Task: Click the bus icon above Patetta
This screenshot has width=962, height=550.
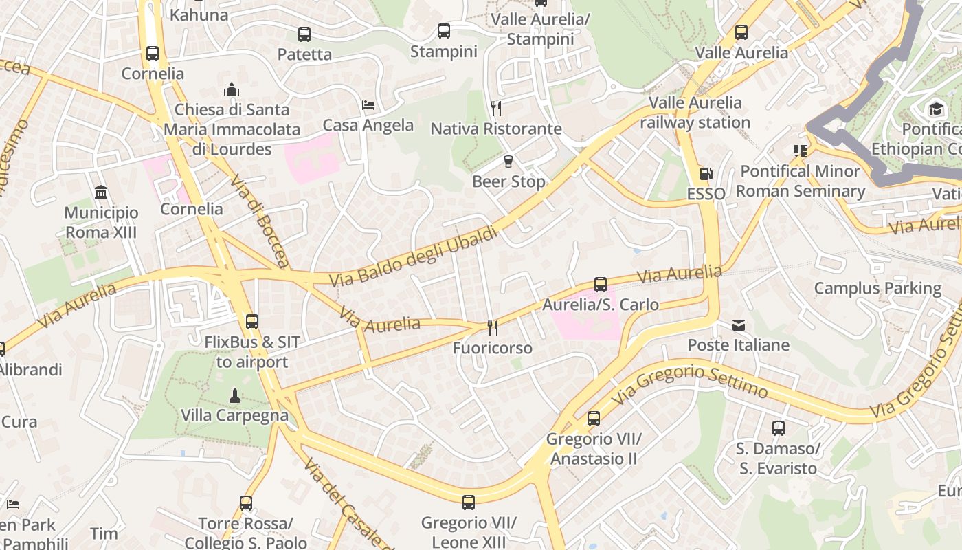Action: pyautogui.click(x=304, y=34)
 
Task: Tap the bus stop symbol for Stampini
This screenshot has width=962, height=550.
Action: pyautogui.click(x=444, y=31)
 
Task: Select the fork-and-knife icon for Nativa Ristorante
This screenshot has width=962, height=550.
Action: pyautogui.click(x=496, y=108)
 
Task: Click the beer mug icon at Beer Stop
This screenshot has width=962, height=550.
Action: pyautogui.click(x=508, y=162)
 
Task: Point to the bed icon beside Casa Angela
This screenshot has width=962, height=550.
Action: pyautogui.click(x=368, y=105)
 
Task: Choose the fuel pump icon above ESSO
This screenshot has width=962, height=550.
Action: pyautogui.click(x=706, y=174)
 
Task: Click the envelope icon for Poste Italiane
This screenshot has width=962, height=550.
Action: pyautogui.click(x=739, y=325)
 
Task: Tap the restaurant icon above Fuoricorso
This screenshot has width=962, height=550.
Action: pyautogui.click(x=493, y=327)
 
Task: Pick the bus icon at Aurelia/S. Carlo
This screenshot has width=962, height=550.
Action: pyautogui.click(x=601, y=284)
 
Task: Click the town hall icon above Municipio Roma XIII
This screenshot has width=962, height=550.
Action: pyautogui.click(x=101, y=192)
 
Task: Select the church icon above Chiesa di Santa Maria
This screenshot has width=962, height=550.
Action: pyautogui.click(x=232, y=89)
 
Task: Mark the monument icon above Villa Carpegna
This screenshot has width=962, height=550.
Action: pyautogui.click(x=235, y=395)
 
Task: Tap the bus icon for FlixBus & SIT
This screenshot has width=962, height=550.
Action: pyautogui.click(x=252, y=321)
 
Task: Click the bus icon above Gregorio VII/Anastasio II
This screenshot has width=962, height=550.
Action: pyautogui.click(x=594, y=418)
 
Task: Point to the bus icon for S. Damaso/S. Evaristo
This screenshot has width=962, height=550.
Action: pyautogui.click(x=779, y=428)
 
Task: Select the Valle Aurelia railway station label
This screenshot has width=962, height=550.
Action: pyautogui.click(x=695, y=113)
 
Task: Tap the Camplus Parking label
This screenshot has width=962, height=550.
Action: pyautogui.click(x=877, y=288)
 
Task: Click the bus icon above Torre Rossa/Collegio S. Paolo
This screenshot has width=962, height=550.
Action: pyautogui.click(x=246, y=503)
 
